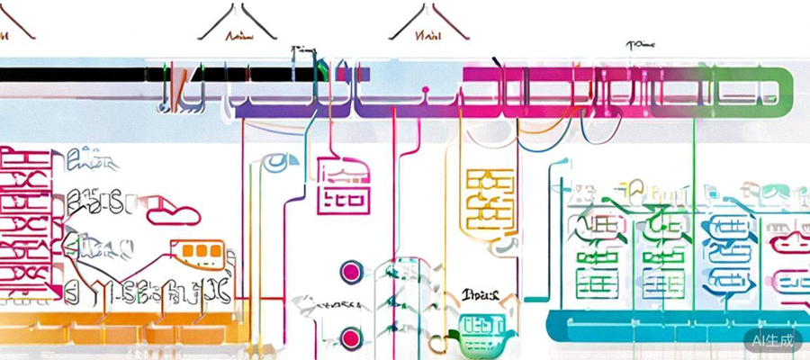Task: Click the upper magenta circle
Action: pos(351,271)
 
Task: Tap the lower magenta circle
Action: pos(351,339)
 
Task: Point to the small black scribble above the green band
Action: pos(640,43)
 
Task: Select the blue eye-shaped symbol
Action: pos(278,162)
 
